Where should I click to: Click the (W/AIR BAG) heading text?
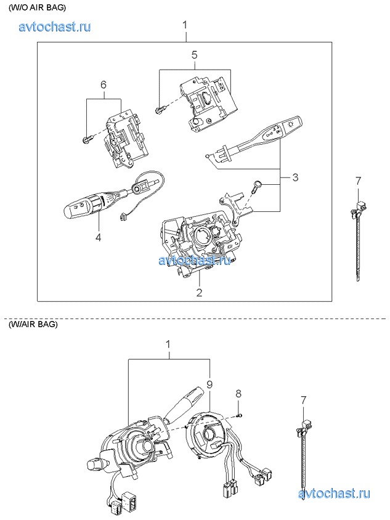[33, 325]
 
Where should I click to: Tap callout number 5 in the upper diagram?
[194, 55]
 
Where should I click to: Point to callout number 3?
[295, 178]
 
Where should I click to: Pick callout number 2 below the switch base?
[199, 292]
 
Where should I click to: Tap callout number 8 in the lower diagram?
[239, 393]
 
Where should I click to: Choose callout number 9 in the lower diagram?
[209, 384]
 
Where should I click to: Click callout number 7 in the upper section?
[359, 181]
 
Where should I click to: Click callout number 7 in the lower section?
[303, 401]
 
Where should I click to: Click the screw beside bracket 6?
[86, 141]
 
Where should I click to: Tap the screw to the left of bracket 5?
[159, 110]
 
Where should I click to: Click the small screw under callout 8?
[240, 415]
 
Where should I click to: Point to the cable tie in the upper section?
[357, 240]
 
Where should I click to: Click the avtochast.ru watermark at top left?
[55, 27]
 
